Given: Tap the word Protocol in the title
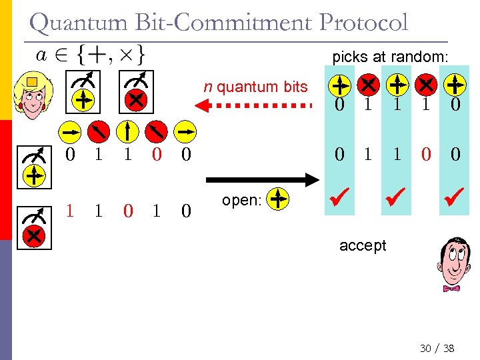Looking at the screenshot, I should pos(363,23).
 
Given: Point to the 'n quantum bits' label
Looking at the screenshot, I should pos(256,86).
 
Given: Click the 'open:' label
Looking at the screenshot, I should pos(241,200).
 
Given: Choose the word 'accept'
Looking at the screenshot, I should pos(363,245).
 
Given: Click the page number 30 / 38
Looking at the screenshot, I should pos(437,348).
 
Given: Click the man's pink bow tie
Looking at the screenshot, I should pos(451,288).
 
